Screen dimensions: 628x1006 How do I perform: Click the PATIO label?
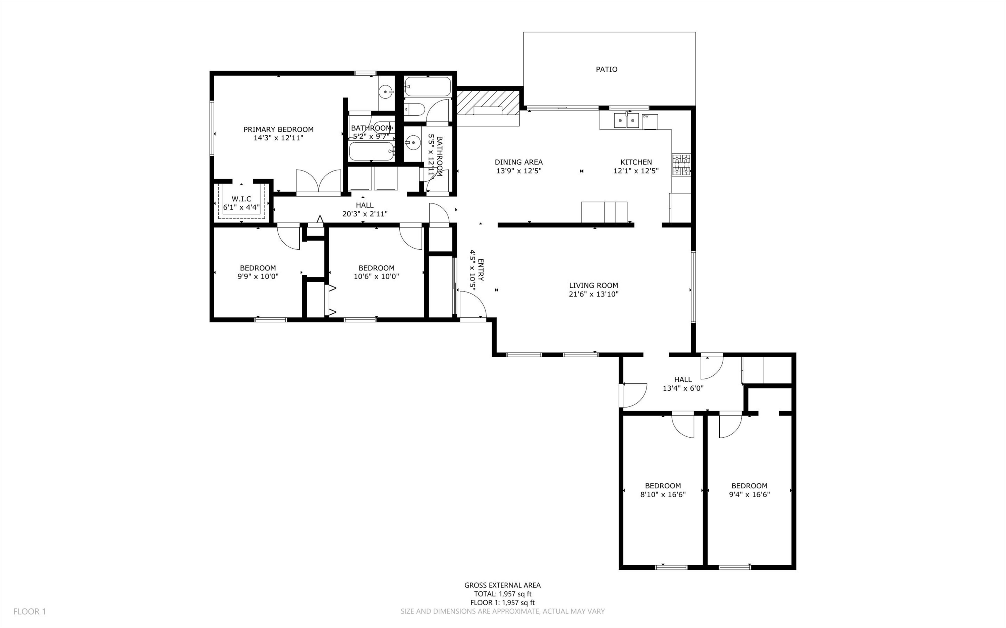(x=606, y=69)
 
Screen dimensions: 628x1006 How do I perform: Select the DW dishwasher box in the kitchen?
(x=650, y=122)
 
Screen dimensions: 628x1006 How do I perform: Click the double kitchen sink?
(x=626, y=121)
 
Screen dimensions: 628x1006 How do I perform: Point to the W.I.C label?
(x=241, y=199)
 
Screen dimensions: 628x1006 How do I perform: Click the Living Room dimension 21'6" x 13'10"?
(x=594, y=295)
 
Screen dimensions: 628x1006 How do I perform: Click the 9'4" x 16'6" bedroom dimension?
(x=749, y=495)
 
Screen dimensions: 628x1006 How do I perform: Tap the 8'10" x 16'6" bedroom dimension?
(x=663, y=495)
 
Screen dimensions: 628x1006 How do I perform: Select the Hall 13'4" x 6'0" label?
(x=683, y=384)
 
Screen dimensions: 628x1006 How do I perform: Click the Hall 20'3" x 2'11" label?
(x=365, y=209)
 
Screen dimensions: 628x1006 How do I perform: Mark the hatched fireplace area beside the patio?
(x=488, y=103)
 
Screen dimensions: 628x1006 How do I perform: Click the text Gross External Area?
(x=502, y=585)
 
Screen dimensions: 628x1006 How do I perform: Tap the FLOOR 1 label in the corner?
(x=30, y=611)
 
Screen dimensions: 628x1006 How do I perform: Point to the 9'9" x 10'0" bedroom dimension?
(x=258, y=276)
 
